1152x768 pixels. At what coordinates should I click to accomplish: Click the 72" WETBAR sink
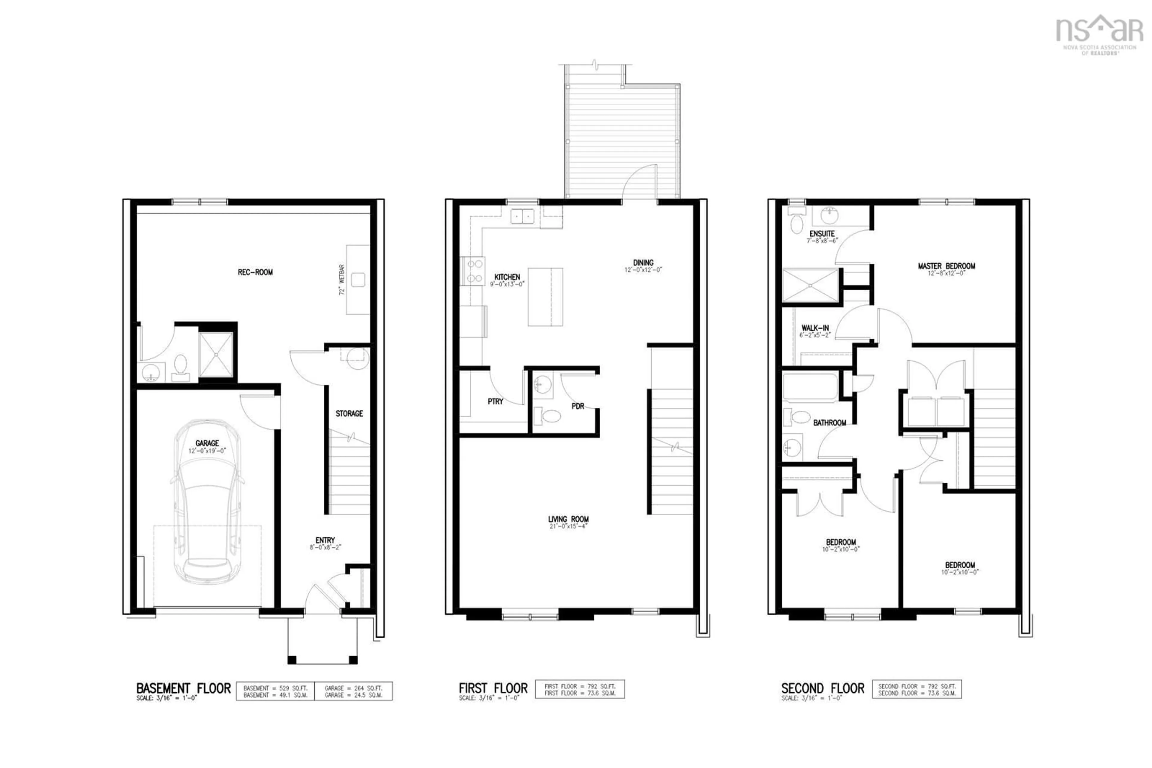pyautogui.click(x=358, y=280)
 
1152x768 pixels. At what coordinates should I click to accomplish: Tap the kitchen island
pyautogui.click(x=545, y=297)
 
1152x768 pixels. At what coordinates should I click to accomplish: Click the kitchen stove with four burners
pyautogui.click(x=473, y=271)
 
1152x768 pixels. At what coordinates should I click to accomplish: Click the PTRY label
pyautogui.click(x=495, y=402)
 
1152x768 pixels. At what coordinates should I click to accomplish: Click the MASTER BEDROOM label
pyautogui.click(x=946, y=266)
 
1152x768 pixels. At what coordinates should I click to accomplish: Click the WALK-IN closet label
pyautogui.click(x=815, y=328)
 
